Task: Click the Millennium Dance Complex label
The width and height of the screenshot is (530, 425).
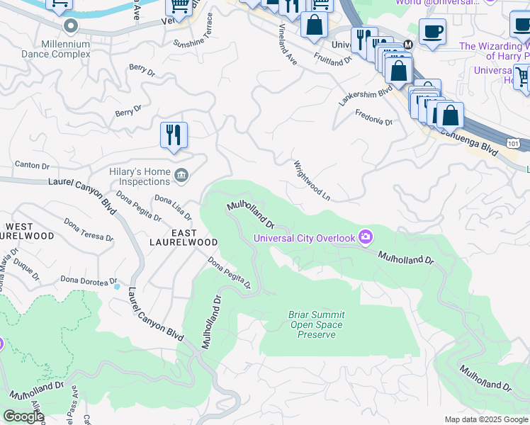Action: tap(69, 49)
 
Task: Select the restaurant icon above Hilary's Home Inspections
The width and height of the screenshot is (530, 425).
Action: tap(174, 135)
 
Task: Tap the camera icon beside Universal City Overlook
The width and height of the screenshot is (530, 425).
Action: tap(366, 236)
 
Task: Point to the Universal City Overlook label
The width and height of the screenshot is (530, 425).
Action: tap(305, 238)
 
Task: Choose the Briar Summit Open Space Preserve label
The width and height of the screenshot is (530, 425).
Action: tap(316, 324)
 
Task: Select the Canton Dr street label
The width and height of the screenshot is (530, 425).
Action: tap(32, 166)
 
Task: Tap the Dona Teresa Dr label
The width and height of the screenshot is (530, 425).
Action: tap(89, 229)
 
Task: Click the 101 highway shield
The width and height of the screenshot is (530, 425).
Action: tap(513, 144)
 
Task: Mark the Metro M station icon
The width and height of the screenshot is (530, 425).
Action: tap(407, 45)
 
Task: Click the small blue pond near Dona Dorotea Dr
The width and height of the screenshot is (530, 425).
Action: tap(116, 286)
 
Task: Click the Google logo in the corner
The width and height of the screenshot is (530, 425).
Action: tap(23, 416)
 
